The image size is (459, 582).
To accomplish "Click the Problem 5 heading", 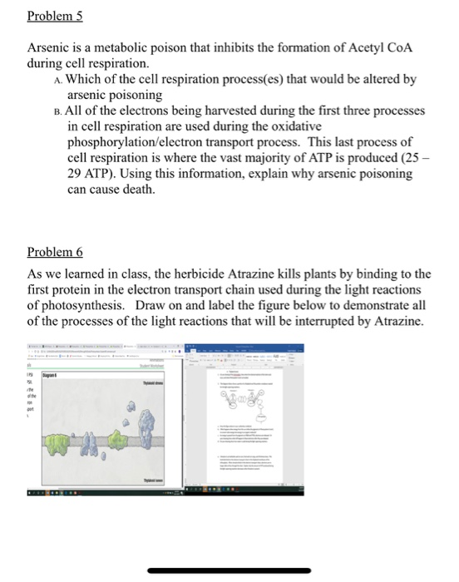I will [x=56, y=17].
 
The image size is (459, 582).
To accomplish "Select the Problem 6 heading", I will [x=56, y=252].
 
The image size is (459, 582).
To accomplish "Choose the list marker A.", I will [x=54, y=81].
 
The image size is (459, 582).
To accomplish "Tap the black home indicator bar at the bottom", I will [x=229, y=570].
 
